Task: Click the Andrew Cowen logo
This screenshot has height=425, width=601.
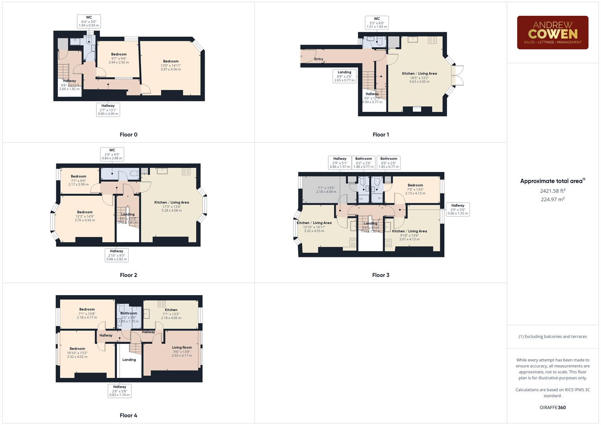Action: (x=553, y=33)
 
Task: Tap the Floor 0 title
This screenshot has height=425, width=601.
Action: (x=129, y=135)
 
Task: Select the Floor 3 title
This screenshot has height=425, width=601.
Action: (x=381, y=275)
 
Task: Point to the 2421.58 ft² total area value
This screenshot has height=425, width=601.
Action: (x=553, y=191)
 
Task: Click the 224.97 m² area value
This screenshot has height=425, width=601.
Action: (x=553, y=200)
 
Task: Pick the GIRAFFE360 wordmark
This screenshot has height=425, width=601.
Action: (x=553, y=408)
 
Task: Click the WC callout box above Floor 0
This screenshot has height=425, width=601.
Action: (x=89, y=21)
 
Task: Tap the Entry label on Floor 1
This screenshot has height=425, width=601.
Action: (x=319, y=59)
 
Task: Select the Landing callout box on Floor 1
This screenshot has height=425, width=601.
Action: (x=344, y=76)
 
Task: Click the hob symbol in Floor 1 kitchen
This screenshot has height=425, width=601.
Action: (x=432, y=40)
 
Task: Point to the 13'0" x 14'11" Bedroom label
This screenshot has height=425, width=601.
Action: (x=171, y=65)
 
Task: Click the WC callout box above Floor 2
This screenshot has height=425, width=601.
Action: (x=112, y=154)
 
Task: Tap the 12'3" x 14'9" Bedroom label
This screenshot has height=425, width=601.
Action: (x=85, y=216)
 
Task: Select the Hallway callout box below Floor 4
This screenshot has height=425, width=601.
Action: (x=120, y=391)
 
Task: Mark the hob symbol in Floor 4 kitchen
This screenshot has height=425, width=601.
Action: (x=161, y=303)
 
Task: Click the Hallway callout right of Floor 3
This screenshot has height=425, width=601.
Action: (x=458, y=209)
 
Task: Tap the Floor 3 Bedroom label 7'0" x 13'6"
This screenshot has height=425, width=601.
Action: (x=415, y=189)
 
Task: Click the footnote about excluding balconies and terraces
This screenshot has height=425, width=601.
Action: (x=553, y=336)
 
